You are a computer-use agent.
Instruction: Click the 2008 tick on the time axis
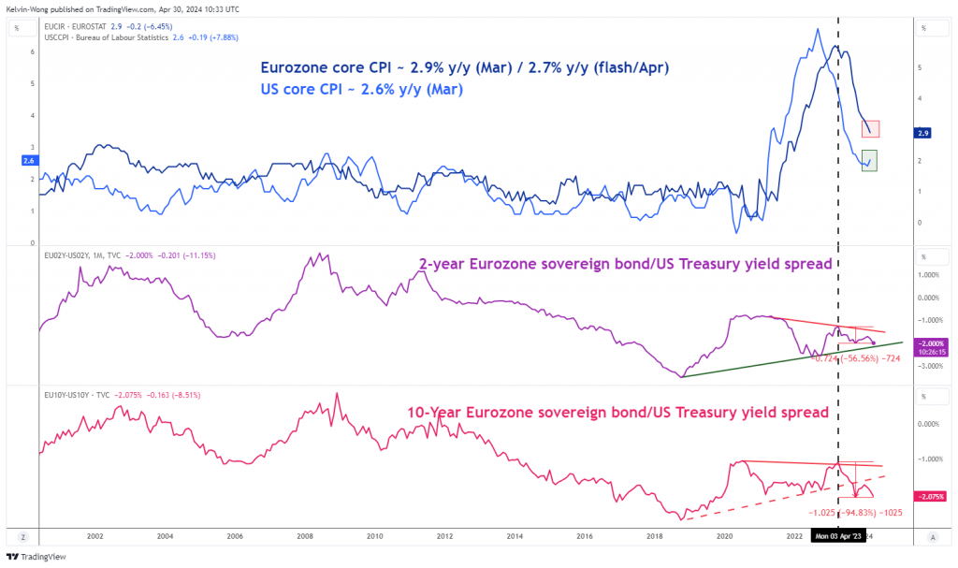(x=305, y=536)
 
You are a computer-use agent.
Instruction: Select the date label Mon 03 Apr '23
(x=837, y=536)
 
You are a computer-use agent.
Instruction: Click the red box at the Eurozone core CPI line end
(x=871, y=129)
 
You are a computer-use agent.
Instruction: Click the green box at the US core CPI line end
(x=869, y=161)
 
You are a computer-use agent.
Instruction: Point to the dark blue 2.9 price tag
(x=923, y=134)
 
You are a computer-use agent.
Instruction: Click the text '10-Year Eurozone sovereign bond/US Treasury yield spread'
(x=617, y=412)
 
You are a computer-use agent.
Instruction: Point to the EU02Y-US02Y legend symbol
(x=69, y=255)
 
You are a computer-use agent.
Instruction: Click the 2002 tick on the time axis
(x=94, y=536)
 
